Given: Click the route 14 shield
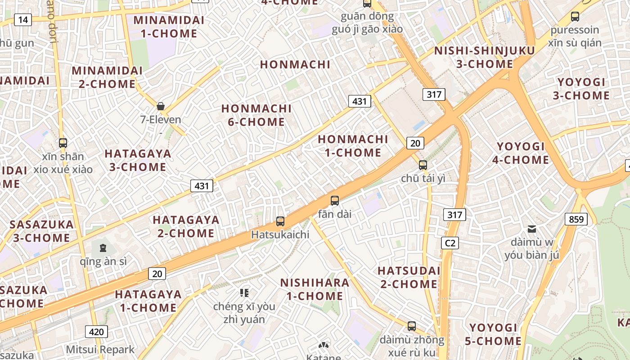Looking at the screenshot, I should pyautogui.click(x=23, y=19).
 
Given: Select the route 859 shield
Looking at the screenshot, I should pyautogui.click(x=576, y=219).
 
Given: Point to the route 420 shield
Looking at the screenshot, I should pyautogui.click(x=96, y=332).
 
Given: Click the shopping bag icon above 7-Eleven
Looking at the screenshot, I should pyautogui.click(x=161, y=107).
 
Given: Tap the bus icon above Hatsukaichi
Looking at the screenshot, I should pyautogui.click(x=280, y=221).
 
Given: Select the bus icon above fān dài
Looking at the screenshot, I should pyautogui.click(x=334, y=201).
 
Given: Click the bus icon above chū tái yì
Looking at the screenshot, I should pyautogui.click(x=423, y=165).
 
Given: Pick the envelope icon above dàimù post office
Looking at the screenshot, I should pyautogui.click(x=532, y=229).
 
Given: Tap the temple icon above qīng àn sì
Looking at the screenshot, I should pyautogui.click(x=103, y=247).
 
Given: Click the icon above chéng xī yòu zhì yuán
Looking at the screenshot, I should pyautogui.click(x=244, y=293).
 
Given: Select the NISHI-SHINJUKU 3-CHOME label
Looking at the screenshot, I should pyautogui.click(x=485, y=57).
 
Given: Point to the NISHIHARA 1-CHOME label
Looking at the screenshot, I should pyautogui.click(x=315, y=289).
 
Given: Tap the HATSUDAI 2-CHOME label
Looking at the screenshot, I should pyautogui.click(x=409, y=277).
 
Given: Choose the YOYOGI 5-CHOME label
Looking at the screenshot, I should pyautogui.click(x=493, y=334).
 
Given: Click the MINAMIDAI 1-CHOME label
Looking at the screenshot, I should pyautogui.click(x=169, y=27).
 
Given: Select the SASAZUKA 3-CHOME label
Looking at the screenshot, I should pyautogui.click(x=41, y=231).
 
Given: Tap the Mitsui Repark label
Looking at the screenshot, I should pyautogui.click(x=100, y=350).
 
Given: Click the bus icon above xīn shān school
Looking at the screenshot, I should pyautogui.click(x=63, y=143).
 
